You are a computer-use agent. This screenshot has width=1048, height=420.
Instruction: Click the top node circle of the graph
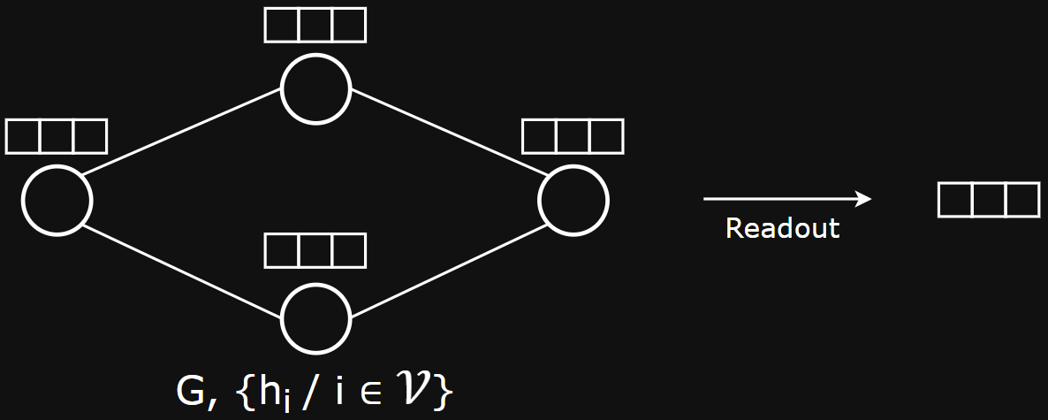tap(315, 88)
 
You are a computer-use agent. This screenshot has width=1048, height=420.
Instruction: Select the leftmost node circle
tap(57, 200)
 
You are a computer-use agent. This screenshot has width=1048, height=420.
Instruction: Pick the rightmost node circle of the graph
tap(573, 200)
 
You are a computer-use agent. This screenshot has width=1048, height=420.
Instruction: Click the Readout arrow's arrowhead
tap(865, 199)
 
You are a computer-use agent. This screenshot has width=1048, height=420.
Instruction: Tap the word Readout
tap(782, 228)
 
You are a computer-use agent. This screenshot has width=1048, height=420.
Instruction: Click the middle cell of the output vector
tap(988, 200)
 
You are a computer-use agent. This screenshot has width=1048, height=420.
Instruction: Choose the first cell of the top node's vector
tap(282, 25)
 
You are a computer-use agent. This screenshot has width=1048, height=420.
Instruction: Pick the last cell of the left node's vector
tap(89, 136)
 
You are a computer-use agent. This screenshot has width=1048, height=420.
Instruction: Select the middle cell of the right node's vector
tap(573, 136)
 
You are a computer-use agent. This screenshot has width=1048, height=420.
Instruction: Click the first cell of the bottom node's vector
tap(282, 250)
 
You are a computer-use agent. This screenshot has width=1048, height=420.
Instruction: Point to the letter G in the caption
tap(190, 392)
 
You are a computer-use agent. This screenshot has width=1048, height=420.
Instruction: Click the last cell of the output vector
tap(1021, 200)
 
